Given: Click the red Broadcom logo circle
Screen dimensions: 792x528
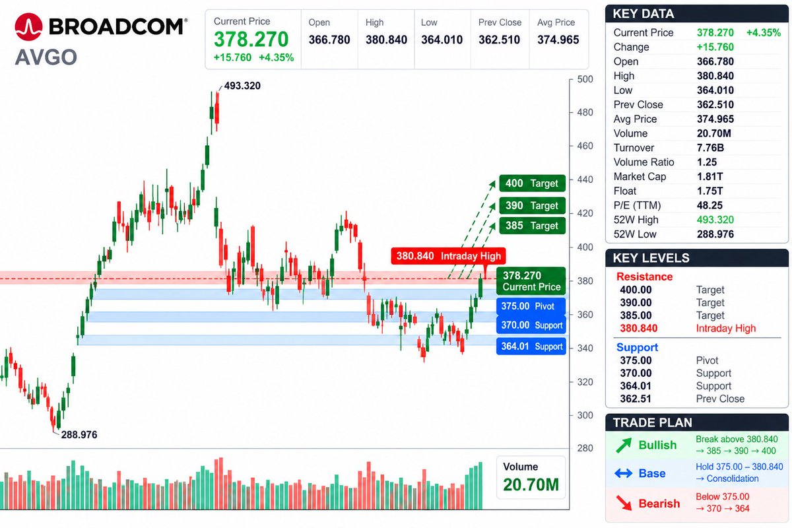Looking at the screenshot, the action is point(28,27).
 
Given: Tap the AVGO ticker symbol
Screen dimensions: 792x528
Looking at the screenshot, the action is point(46,57).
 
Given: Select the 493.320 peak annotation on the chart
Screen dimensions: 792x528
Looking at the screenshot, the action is point(242,86).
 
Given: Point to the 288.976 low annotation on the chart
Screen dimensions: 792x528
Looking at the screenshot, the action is point(79,435).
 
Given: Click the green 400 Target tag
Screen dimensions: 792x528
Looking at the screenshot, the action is point(532,183).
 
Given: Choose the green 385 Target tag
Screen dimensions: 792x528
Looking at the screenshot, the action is point(532,226).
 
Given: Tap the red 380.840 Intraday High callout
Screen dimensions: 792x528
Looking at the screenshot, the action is point(448,256).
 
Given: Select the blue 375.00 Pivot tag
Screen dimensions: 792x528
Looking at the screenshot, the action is point(531,306).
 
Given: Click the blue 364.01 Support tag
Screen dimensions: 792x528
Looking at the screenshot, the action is point(531,346).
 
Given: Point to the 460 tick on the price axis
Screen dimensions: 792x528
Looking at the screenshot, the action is point(585,146).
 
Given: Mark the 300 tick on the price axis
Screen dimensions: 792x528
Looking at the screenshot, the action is point(585,415).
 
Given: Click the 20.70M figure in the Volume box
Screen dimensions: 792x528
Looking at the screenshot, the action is point(531,485).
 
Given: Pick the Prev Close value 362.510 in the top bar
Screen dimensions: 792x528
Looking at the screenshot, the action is point(499,40).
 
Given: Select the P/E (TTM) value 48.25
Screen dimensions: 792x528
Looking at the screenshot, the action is point(709,205).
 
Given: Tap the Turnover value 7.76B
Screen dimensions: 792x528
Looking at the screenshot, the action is point(710,148).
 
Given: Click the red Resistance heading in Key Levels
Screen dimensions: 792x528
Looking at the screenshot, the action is point(644,277).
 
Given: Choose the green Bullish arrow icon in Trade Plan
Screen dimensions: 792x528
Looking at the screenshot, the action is point(623,445).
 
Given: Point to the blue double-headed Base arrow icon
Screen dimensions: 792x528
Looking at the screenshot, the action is point(623,473).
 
